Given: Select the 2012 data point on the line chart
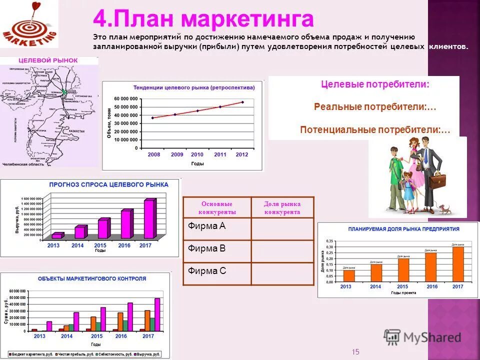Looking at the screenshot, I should click(242, 102).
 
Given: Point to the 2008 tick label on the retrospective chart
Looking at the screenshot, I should click(154, 155).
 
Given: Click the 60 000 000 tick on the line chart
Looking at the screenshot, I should click(125, 98).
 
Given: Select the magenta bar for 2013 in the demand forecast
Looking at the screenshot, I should click(57, 235).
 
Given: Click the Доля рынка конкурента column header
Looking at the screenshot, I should click(282, 207).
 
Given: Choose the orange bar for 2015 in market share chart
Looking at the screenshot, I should click(403, 270).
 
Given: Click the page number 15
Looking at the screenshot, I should click(355, 351).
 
